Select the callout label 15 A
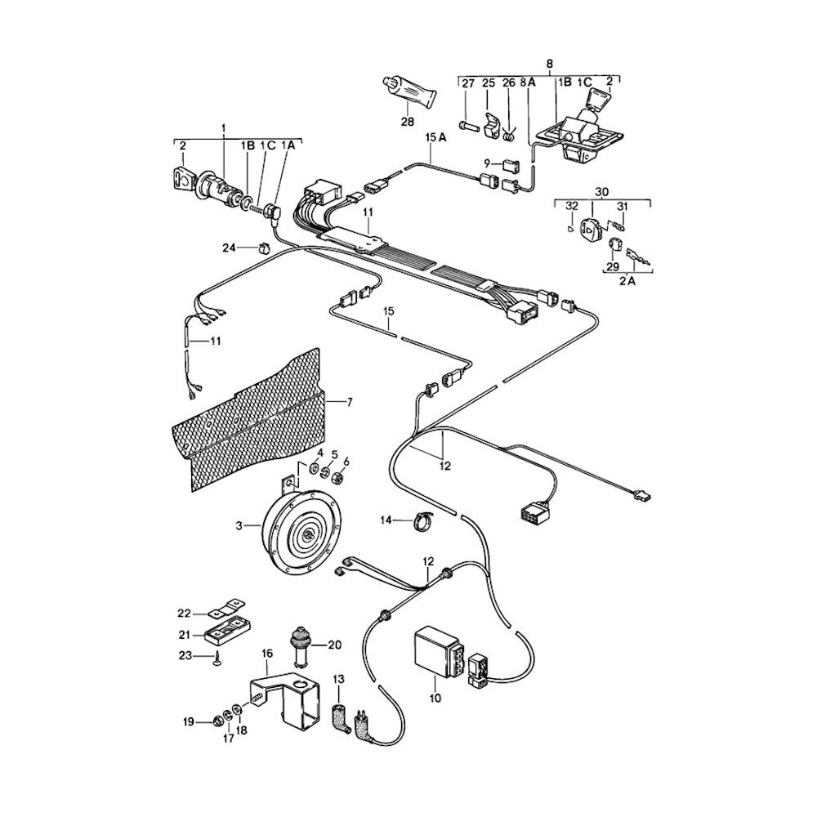coord(436,139)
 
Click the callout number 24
coord(230,247)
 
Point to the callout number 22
coord(184,614)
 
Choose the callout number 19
coord(188,721)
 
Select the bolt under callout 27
coord(467,127)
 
